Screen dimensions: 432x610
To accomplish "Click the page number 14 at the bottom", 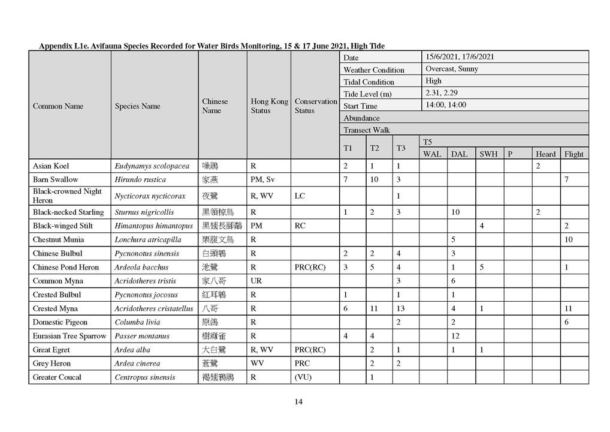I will (298, 402).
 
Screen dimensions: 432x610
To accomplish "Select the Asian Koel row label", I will (51, 166).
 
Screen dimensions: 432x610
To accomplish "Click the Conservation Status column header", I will (315, 106).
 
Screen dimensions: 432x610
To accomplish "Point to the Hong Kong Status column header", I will (269, 106).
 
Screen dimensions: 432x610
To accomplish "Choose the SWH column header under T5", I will (488, 154).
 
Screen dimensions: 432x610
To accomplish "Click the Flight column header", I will (573, 154).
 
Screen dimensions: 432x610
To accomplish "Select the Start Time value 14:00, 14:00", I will (445, 105).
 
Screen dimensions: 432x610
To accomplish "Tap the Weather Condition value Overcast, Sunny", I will (452, 69).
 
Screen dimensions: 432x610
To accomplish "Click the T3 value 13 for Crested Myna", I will (400, 308).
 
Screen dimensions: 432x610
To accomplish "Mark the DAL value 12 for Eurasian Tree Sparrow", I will (455, 336).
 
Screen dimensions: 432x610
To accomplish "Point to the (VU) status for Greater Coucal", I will (304, 377).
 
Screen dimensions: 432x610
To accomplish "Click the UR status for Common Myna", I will (256, 281).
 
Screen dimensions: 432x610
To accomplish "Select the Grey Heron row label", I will (52, 364).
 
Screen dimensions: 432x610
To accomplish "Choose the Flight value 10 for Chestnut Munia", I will (569, 239).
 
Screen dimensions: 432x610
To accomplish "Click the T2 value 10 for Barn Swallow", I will (375, 179).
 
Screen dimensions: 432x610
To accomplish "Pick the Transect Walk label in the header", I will (367, 130).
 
